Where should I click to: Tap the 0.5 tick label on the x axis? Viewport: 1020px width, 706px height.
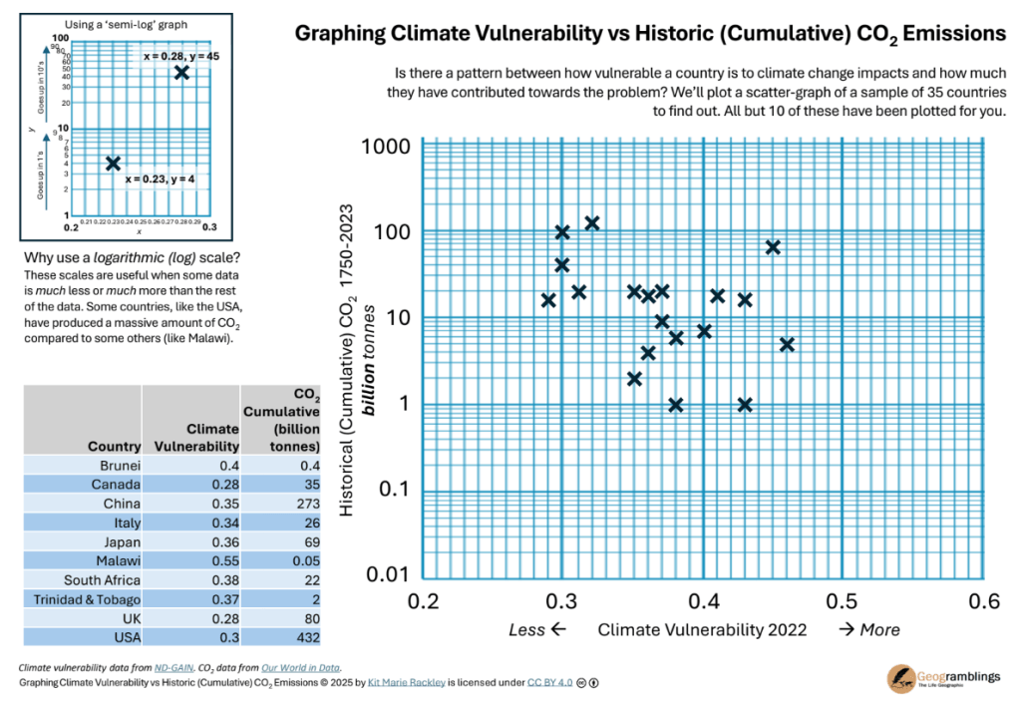(843, 601)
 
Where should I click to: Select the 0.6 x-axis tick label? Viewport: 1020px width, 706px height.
(984, 601)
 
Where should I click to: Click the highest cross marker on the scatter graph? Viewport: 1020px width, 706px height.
(591, 223)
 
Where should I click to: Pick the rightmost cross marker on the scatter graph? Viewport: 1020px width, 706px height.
(787, 344)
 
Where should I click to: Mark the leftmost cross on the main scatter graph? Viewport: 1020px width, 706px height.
(547, 300)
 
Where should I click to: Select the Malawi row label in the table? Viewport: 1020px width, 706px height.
(119, 561)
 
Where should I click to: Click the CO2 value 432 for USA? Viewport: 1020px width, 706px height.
(303, 638)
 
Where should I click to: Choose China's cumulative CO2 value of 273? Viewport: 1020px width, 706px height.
(303, 504)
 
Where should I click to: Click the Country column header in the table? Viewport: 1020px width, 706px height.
(114, 446)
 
